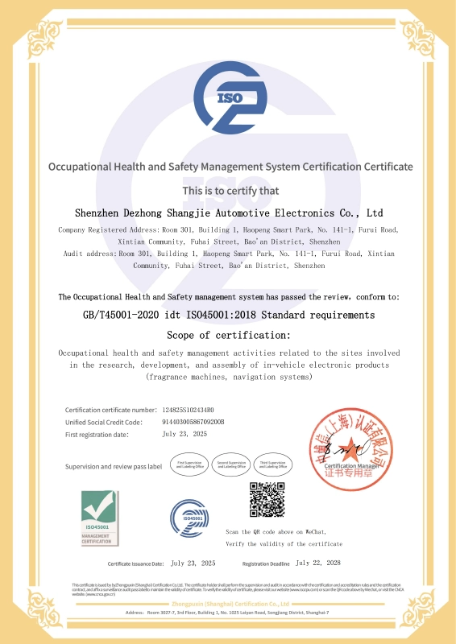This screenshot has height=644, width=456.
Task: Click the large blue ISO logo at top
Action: (x=229, y=101)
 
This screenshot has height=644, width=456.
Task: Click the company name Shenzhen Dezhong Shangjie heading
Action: (x=228, y=214)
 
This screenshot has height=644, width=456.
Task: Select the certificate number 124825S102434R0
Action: (x=189, y=410)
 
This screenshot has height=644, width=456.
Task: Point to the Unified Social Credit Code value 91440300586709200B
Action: (x=193, y=422)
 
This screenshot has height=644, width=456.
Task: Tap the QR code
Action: (x=266, y=499)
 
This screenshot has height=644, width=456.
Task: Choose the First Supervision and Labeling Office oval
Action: (x=190, y=464)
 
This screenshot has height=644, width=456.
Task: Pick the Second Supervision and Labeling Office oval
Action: (x=231, y=464)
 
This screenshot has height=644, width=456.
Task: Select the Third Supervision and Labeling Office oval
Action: (x=273, y=464)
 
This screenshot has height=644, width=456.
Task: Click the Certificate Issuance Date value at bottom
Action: (x=193, y=563)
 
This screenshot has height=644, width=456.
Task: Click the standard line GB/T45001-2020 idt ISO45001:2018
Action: (x=228, y=315)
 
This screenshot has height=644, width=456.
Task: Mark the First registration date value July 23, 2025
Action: (x=184, y=434)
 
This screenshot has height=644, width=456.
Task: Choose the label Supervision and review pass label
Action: (x=114, y=466)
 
